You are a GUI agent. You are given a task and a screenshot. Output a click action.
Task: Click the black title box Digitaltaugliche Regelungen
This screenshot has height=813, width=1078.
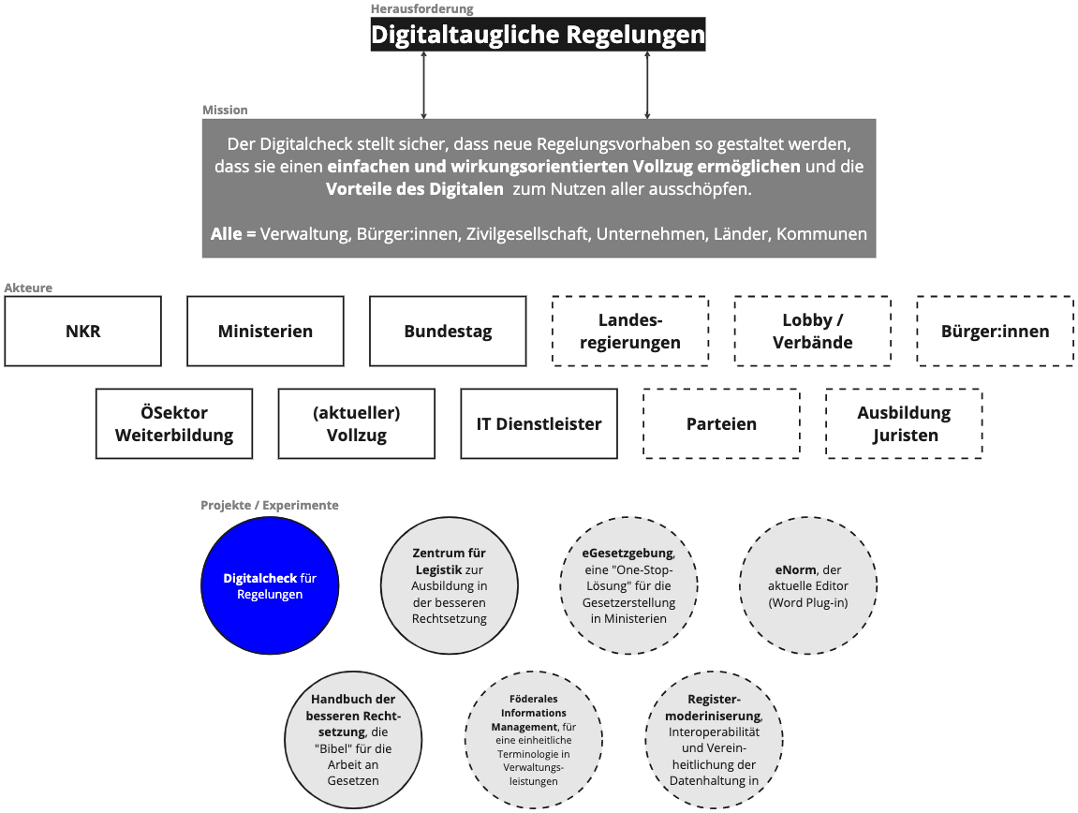[x=538, y=35]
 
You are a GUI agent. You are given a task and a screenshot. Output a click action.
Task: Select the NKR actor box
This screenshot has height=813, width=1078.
[x=83, y=331]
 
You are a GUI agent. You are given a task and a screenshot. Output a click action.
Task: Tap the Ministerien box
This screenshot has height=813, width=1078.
[x=265, y=331]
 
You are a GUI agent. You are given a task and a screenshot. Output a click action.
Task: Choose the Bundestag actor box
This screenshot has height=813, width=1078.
[x=448, y=331]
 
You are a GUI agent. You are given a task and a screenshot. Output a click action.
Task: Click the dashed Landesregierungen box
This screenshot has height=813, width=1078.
[x=630, y=331]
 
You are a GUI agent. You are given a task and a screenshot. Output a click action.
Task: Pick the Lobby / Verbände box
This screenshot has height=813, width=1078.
[x=812, y=331]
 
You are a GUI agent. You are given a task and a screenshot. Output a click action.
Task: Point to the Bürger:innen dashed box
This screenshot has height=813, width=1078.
[x=995, y=331]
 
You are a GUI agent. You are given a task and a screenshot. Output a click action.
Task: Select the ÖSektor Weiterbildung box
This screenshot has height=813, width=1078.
[x=174, y=423]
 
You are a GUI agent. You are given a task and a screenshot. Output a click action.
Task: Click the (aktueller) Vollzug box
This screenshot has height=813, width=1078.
[x=357, y=423]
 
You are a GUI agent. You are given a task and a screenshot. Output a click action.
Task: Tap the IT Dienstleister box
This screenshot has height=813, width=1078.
[x=539, y=423]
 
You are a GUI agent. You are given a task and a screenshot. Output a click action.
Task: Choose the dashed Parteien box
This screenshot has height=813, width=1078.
[x=721, y=423]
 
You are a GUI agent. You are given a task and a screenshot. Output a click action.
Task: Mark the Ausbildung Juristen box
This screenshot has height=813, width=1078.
[x=904, y=423]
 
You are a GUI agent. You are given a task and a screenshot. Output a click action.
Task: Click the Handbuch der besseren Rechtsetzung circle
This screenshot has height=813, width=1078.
[x=352, y=739]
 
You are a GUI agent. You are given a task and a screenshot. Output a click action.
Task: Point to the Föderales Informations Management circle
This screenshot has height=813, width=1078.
[x=534, y=739]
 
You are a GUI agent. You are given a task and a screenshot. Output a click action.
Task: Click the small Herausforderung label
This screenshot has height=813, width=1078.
[x=422, y=8]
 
